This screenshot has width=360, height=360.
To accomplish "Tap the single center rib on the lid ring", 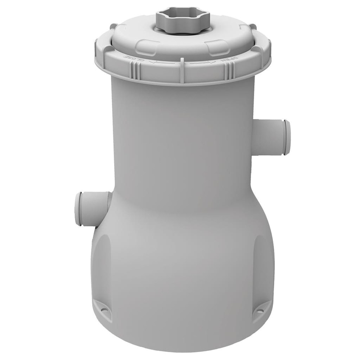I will (x=182, y=67).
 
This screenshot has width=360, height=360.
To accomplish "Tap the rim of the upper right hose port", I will (x=287, y=138).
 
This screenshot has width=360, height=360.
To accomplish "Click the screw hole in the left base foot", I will (x=105, y=308).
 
